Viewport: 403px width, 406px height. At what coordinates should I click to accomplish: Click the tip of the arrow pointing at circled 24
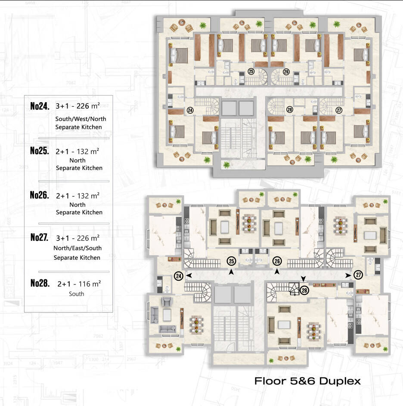(186, 275)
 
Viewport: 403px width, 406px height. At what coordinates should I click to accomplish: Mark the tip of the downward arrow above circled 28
(303, 281)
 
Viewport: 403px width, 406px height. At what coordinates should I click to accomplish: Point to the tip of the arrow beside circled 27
(351, 276)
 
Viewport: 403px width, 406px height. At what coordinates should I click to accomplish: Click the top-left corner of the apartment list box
(24, 96)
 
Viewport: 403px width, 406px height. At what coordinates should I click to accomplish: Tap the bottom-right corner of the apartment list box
(113, 312)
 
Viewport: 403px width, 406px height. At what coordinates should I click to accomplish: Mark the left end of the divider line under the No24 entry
(39, 138)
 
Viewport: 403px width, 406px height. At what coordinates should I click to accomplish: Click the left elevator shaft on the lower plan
(223, 294)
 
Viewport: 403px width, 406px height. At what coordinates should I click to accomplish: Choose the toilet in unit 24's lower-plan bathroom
(167, 288)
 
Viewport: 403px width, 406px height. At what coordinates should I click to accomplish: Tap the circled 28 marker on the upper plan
(290, 109)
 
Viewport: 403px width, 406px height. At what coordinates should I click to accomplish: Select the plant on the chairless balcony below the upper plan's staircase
(226, 165)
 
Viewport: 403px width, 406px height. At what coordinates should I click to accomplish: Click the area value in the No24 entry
(88, 106)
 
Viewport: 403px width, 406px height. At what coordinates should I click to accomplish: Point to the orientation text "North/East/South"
(77, 248)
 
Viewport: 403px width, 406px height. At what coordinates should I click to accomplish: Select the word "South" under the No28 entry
(76, 294)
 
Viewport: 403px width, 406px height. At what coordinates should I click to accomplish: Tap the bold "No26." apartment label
(39, 195)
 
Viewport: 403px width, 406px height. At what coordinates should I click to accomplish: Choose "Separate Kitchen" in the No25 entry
(79, 168)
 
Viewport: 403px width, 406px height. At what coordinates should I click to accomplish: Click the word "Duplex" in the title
(340, 381)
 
